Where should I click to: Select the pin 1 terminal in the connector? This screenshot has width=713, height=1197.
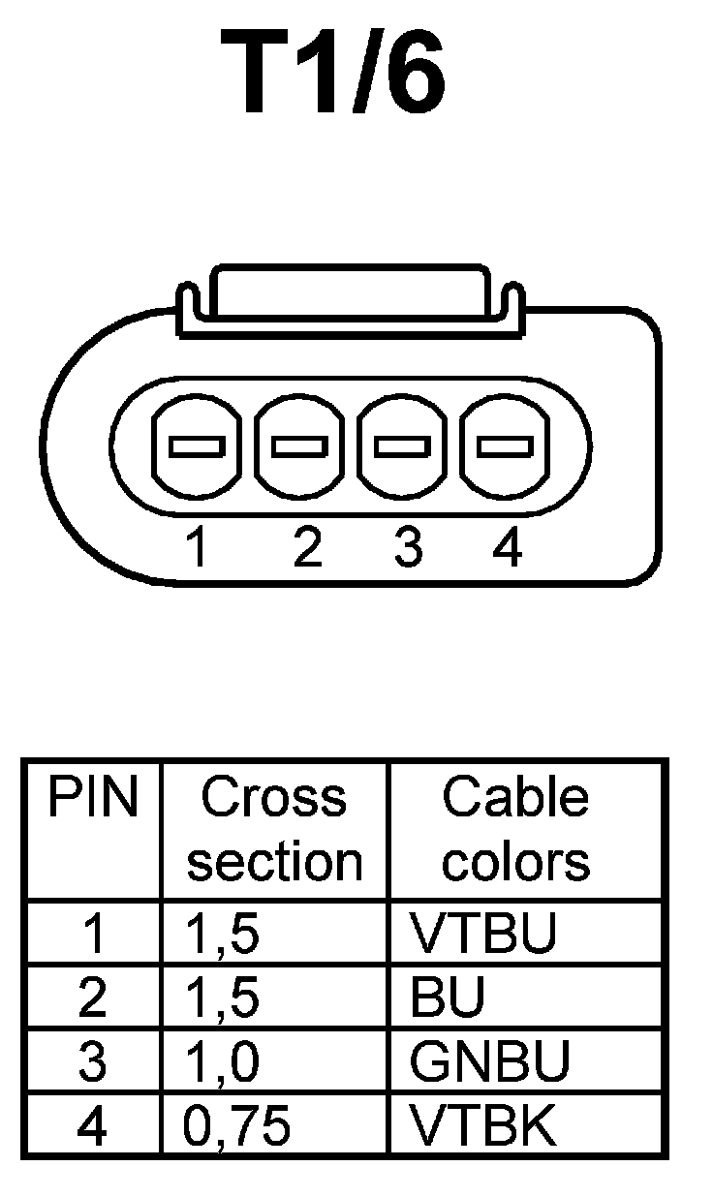point(197,446)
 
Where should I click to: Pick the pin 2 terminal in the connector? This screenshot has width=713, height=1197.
point(300,446)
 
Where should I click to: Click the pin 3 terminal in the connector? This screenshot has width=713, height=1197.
point(403,446)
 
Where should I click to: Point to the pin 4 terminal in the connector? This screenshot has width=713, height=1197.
point(506,446)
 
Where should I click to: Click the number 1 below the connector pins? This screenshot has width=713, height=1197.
point(198,548)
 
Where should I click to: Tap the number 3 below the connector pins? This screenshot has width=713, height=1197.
point(408,548)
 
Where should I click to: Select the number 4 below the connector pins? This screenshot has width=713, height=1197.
point(507,548)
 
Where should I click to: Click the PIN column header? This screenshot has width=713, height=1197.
point(93,799)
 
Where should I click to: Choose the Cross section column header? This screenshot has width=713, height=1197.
point(274,830)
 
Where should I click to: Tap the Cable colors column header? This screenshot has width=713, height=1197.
point(515,830)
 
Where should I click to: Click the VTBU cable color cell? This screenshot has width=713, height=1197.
point(483,934)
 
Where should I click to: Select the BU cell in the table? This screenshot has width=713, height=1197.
point(447,998)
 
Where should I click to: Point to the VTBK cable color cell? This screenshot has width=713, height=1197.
point(483,1125)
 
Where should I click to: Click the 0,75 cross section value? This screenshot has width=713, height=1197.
point(237,1125)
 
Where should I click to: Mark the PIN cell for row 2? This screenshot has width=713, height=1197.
point(92,998)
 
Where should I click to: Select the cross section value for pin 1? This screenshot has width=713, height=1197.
point(222,934)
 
